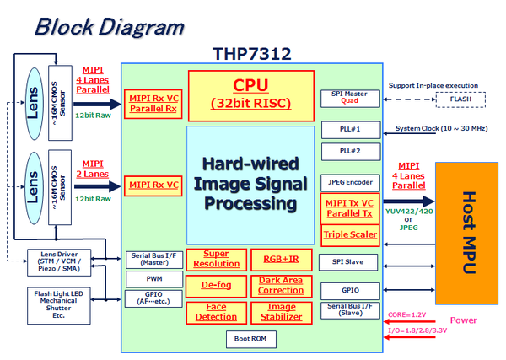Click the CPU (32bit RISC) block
click(250, 94)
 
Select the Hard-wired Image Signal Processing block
click(250, 185)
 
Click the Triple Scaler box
click(348, 234)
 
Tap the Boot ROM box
click(250, 339)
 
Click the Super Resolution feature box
click(216, 259)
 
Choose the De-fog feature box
click(216, 286)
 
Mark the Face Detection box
click(216, 313)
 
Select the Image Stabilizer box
click(281, 313)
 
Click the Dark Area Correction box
click(281, 286)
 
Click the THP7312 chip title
click(251, 54)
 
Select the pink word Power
click(463, 320)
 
